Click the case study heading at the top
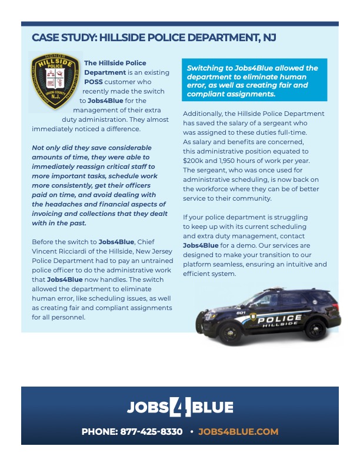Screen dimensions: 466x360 pyautogui.click(x=154, y=38)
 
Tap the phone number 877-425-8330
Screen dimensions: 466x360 pyautogui.click(x=151, y=431)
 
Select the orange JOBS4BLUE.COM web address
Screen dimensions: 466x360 pyautogui.click(x=238, y=431)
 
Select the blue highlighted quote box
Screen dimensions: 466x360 pyautogui.click(x=254, y=81)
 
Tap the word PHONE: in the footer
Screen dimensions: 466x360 pyautogui.click(x=99, y=431)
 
